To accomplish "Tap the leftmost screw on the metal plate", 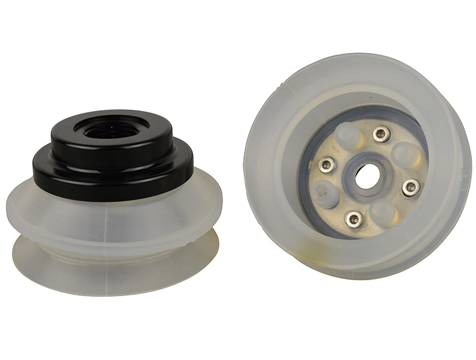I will [324, 164].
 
